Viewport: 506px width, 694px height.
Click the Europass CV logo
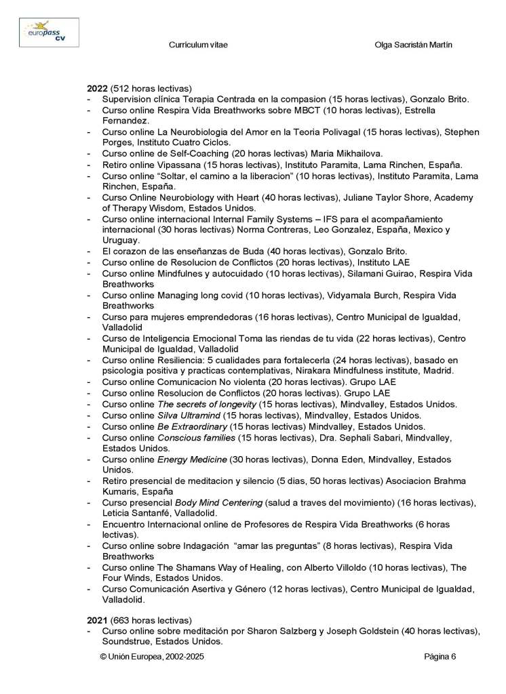[x=48, y=32]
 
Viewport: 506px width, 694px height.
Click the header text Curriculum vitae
[x=197, y=45]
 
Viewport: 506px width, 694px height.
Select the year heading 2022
[x=97, y=89]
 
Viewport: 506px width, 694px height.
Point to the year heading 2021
[x=97, y=620]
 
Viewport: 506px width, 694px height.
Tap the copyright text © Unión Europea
[x=151, y=656]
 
